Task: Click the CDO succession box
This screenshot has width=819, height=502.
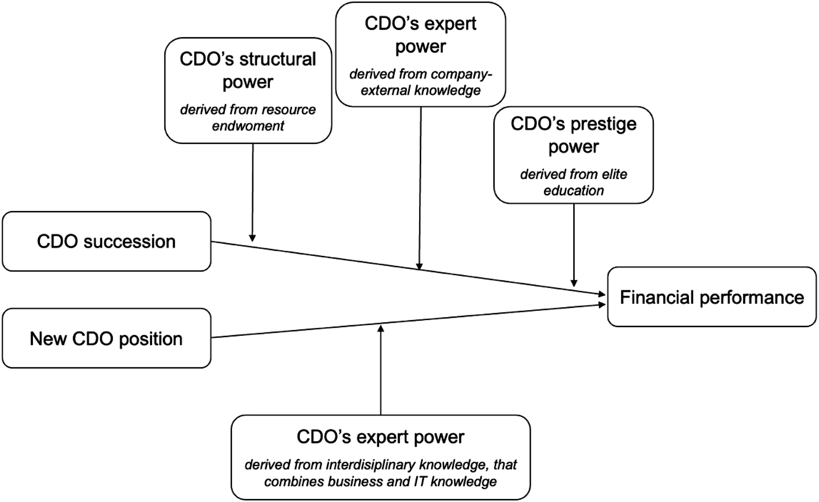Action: click(106, 241)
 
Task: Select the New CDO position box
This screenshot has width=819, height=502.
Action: click(106, 338)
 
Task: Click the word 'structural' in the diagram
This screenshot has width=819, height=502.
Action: click(278, 60)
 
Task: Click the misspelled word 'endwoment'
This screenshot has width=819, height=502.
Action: click(248, 126)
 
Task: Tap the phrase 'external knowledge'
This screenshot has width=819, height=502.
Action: click(420, 90)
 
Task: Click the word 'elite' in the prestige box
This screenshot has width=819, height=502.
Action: click(615, 174)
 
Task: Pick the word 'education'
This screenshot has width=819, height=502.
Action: click(574, 191)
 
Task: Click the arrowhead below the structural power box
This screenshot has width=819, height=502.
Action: click(252, 238)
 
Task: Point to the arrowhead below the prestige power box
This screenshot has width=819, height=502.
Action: click(574, 283)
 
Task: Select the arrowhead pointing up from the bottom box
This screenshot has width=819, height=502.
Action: click(381, 328)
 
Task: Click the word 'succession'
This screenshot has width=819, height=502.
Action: click(129, 241)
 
